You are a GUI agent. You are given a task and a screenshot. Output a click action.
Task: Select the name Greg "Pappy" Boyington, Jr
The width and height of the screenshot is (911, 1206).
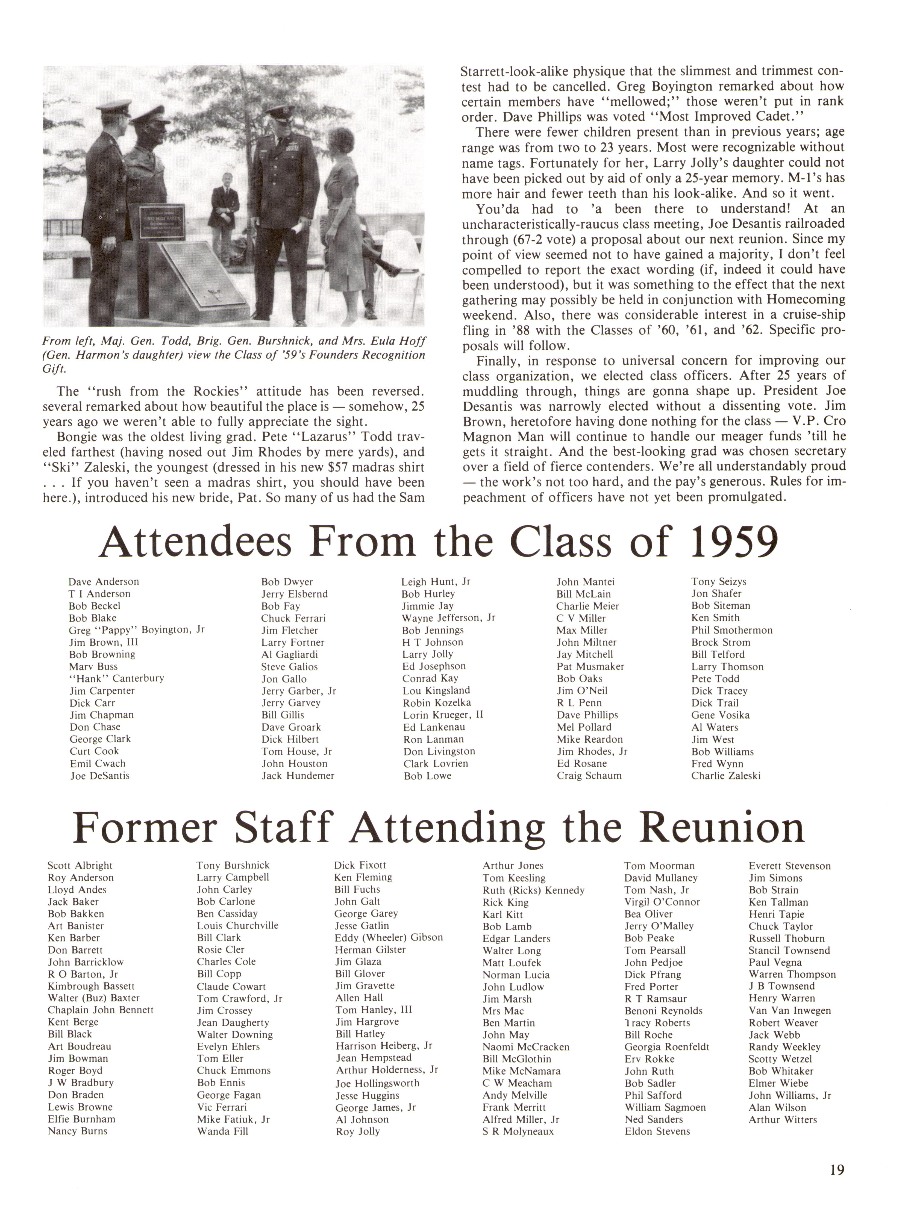(136, 630)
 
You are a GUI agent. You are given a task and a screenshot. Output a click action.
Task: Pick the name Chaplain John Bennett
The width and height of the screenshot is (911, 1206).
(100, 1010)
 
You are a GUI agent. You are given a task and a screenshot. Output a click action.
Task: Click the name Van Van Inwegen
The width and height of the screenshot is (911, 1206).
(789, 1010)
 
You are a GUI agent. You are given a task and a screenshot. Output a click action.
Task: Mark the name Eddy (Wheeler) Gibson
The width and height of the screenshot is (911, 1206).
(388, 937)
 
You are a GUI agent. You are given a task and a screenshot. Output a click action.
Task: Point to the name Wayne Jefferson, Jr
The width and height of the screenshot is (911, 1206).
(448, 618)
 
